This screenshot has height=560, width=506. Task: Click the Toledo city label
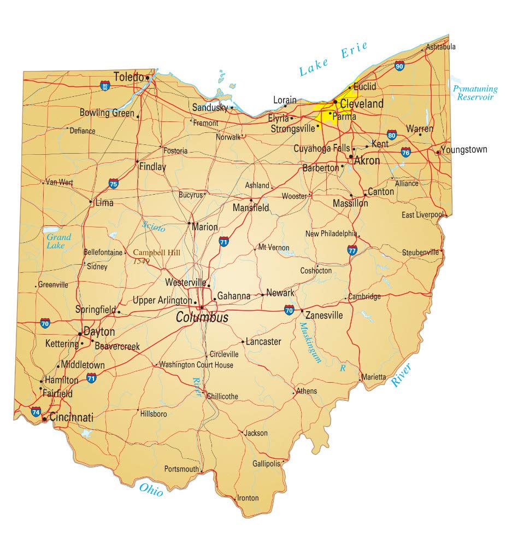pyautogui.click(x=128, y=77)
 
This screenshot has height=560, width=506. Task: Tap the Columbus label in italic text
pyautogui.click(x=202, y=318)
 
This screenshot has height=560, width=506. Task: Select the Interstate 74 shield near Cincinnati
pyautogui.click(x=36, y=412)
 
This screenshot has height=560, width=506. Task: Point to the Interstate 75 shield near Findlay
pyautogui.click(x=114, y=183)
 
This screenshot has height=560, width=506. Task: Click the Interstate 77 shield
pyautogui.click(x=352, y=250)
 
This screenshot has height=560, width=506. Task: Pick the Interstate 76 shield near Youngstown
pyautogui.click(x=406, y=151)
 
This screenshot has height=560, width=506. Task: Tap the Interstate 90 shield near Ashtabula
pyautogui.click(x=400, y=66)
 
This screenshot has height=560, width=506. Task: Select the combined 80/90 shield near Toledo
pyautogui.click(x=105, y=85)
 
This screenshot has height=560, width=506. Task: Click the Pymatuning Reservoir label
pyautogui.click(x=475, y=93)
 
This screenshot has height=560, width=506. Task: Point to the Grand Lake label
pyautogui.click(x=58, y=241)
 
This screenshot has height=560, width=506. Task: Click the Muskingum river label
pyautogui.click(x=309, y=343)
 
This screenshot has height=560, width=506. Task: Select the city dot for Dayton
pyautogui.click(x=80, y=333)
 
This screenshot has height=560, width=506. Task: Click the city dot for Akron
pyautogui.click(x=351, y=156)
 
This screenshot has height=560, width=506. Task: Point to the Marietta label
pyautogui.click(x=374, y=377)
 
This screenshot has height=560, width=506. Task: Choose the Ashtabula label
pyautogui.click(x=440, y=47)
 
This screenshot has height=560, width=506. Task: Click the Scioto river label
pyautogui.click(x=153, y=226)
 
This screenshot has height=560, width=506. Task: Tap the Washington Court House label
pyautogui.click(x=196, y=365)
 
